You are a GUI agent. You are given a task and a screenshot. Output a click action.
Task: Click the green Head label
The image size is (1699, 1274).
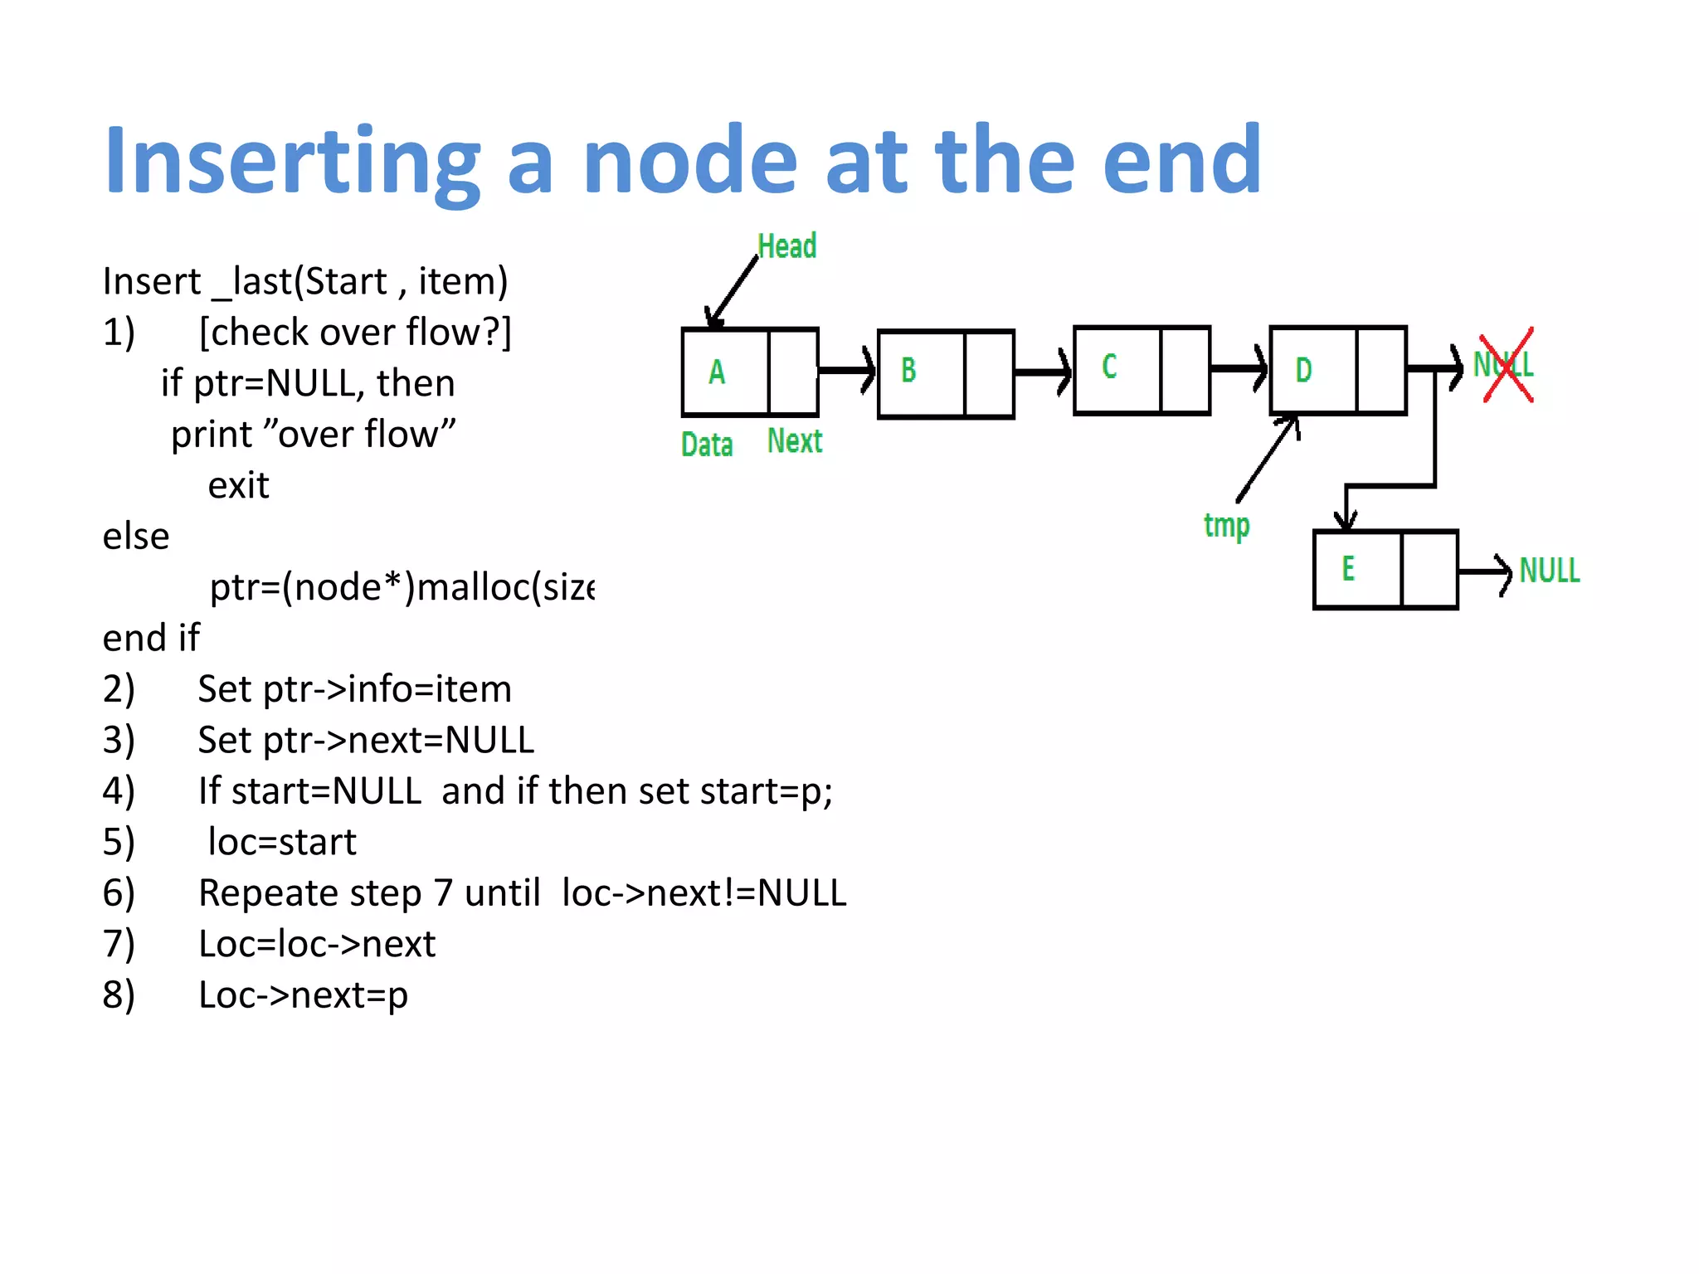point(786,246)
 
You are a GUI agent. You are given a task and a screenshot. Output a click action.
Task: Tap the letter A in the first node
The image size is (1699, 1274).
point(717,372)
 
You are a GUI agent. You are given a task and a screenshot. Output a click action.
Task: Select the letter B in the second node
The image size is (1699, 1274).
point(908,370)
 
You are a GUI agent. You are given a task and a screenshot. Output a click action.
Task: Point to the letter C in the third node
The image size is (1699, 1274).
point(1109,367)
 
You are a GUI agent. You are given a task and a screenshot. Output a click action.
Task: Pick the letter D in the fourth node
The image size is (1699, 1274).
point(1303,370)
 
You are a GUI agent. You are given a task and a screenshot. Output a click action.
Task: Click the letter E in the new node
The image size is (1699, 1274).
point(1348,569)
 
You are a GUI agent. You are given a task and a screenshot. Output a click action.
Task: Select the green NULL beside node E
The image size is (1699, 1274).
point(1549,571)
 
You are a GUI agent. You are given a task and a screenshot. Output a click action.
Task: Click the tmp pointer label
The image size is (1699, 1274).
point(1226,525)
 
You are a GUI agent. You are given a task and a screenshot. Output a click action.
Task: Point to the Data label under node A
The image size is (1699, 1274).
point(707,445)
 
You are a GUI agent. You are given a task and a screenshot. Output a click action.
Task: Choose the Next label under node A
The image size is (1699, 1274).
point(795,441)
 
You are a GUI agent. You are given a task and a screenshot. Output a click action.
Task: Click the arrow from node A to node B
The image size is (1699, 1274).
point(847,370)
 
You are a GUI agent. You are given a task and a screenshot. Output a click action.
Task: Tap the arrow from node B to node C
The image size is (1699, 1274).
point(1043,372)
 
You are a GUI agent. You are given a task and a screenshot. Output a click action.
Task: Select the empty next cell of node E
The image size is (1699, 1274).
point(1429,570)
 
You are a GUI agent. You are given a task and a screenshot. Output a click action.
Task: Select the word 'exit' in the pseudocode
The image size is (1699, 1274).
point(238,486)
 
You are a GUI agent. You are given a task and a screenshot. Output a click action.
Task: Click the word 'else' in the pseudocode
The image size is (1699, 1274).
point(136,537)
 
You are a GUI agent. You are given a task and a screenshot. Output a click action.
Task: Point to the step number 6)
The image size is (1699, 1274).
point(119,893)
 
